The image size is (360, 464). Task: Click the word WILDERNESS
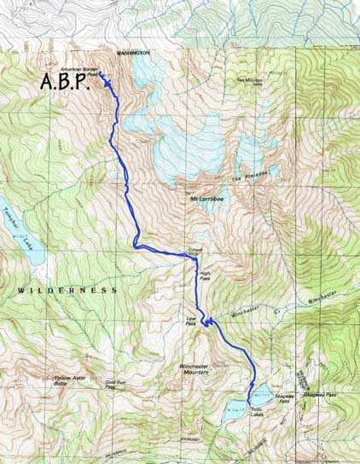point(66,291)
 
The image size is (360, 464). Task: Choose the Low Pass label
point(191,322)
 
